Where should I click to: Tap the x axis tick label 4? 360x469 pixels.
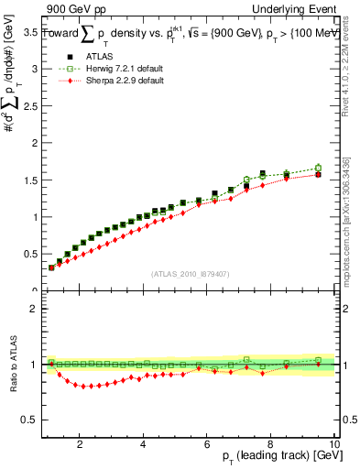[144, 444]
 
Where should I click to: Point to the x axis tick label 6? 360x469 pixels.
[207, 444]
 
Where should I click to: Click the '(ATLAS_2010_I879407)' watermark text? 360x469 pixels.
[190, 273]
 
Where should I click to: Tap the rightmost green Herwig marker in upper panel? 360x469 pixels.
[318, 168]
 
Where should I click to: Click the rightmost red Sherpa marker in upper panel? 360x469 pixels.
[318, 174]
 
